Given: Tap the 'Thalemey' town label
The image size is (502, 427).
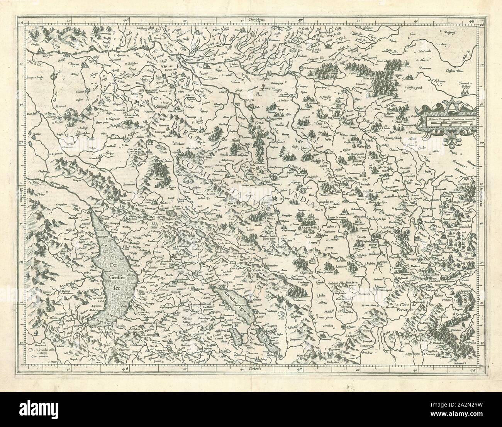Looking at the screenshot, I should [x=304, y=67].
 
